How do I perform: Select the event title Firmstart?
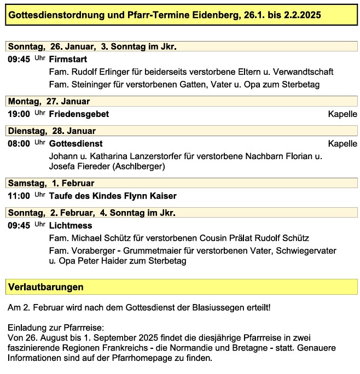point(68,59)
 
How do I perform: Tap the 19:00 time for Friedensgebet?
point(19,114)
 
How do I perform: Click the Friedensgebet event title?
point(79,114)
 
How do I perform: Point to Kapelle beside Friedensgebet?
point(342,114)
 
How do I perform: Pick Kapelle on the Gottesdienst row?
point(342,144)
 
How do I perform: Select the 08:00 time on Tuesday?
point(19,144)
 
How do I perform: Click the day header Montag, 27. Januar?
point(49,101)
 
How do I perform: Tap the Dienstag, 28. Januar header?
point(51,131)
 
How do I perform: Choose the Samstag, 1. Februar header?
point(51,183)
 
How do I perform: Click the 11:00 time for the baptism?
point(19,196)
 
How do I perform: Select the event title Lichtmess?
point(71,225)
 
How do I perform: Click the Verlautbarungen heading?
point(45,287)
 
